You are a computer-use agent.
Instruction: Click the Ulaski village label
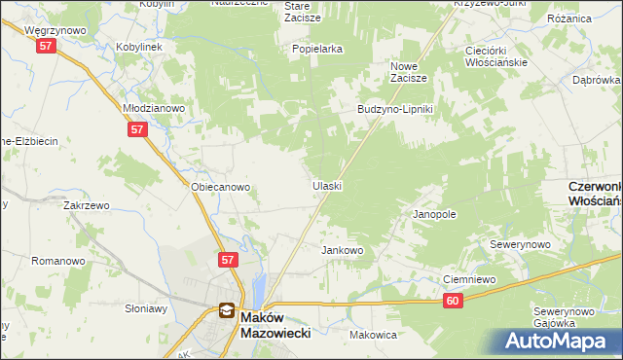click(x=327, y=185)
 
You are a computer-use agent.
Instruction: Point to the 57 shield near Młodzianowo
click(x=136, y=128)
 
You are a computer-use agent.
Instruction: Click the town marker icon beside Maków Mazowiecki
click(x=226, y=311)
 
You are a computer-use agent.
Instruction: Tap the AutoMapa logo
click(x=558, y=341)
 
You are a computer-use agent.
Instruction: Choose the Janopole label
click(x=435, y=213)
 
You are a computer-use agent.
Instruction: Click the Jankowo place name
click(x=343, y=250)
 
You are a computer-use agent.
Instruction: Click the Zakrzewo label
click(x=85, y=206)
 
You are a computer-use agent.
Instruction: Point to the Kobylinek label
click(x=139, y=46)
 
